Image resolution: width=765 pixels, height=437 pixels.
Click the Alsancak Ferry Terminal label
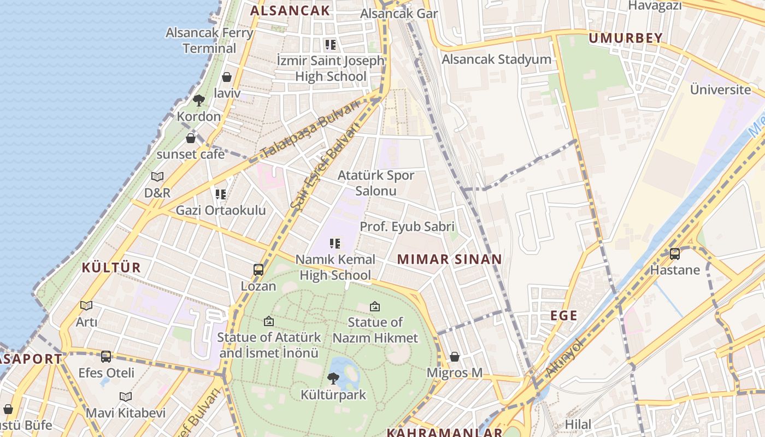click(x=209, y=40)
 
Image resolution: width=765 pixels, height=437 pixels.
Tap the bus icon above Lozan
click(x=258, y=270)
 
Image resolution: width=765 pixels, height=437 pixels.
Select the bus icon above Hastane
click(x=675, y=254)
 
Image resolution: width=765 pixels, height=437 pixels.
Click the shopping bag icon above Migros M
click(x=455, y=357)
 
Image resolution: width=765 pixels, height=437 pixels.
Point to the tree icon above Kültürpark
click(x=333, y=378)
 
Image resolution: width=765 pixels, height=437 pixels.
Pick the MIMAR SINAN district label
click(x=449, y=259)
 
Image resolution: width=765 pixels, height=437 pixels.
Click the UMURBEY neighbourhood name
click(x=626, y=38)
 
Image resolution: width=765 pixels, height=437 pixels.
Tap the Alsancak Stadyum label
click(x=496, y=59)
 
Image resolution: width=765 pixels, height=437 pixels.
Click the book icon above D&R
click(x=157, y=176)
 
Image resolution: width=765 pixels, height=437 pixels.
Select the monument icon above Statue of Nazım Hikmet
click(x=375, y=306)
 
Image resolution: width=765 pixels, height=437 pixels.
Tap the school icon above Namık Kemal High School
click(x=335, y=243)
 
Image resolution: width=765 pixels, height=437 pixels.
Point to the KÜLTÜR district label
click(x=111, y=268)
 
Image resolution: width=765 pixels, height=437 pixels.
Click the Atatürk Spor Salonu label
click(x=376, y=183)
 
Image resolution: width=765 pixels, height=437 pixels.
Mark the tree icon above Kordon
click(x=199, y=101)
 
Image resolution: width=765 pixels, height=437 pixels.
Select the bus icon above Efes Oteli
click(x=106, y=357)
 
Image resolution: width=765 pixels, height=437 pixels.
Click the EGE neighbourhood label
click(x=564, y=315)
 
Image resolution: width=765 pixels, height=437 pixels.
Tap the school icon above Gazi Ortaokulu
click(x=221, y=194)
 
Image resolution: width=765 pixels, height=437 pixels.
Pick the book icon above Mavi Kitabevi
click(x=126, y=397)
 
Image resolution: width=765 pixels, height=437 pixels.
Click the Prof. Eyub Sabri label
click(x=407, y=226)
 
